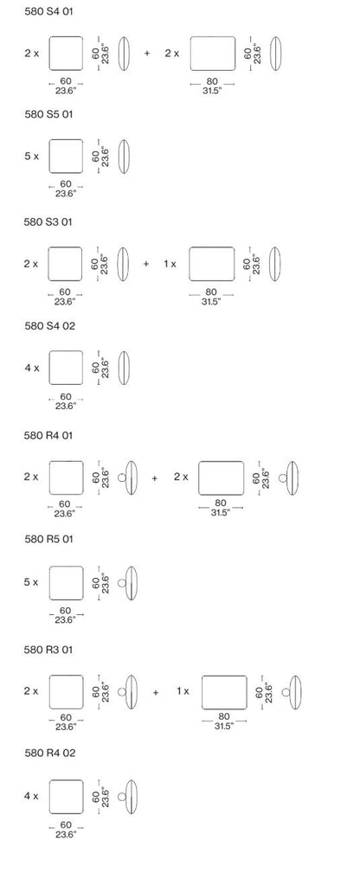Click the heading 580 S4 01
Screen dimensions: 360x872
click(x=48, y=11)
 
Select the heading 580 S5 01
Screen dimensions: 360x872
click(x=48, y=114)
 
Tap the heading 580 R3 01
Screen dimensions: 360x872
click(x=48, y=650)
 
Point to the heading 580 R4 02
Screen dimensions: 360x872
click(x=49, y=753)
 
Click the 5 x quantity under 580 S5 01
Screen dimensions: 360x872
click(x=32, y=157)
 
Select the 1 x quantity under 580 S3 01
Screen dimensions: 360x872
click(x=170, y=264)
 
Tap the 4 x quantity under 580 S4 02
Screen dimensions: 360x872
click(x=32, y=368)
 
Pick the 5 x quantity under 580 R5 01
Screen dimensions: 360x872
click(x=31, y=582)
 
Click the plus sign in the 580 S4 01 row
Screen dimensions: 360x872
click(x=147, y=54)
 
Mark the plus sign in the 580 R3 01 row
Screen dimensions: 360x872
click(x=155, y=692)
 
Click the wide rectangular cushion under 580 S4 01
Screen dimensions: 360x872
click(x=213, y=54)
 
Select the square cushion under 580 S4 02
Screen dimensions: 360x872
click(x=66, y=368)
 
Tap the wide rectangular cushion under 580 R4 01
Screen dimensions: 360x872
click(x=221, y=478)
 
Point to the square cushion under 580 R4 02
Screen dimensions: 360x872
click(x=67, y=797)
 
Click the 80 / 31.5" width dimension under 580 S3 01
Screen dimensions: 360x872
click(x=211, y=297)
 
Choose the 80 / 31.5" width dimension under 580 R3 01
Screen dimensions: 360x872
click(x=224, y=721)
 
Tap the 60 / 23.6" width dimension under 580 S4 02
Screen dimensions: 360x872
click(x=66, y=401)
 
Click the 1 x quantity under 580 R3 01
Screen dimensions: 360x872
click(x=183, y=691)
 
